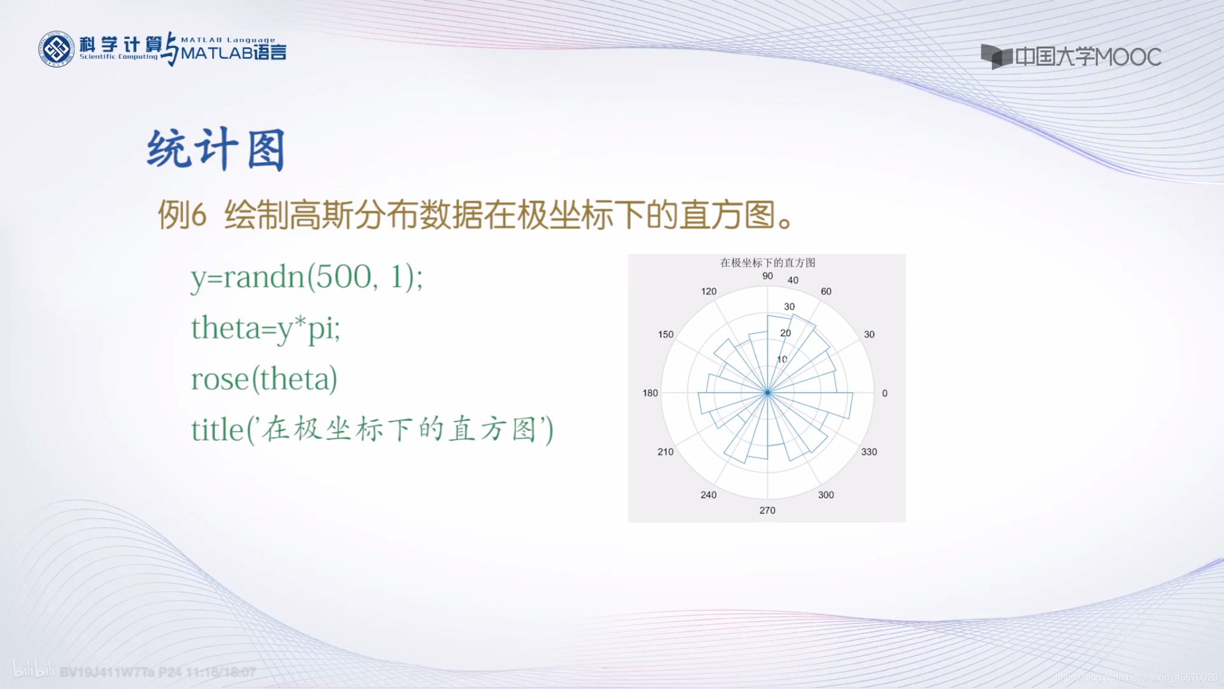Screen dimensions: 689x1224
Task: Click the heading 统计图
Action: [216, 150]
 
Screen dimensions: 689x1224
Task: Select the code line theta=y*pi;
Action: [265, 328]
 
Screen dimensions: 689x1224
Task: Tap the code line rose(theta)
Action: [264, 379]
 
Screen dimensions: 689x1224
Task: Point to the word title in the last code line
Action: [218, 429]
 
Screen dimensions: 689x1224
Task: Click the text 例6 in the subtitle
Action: [182, 215]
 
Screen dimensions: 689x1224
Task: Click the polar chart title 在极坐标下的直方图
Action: [767, 263]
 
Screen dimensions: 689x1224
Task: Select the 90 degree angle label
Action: [767, 276]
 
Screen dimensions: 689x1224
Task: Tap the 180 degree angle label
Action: [650, 393]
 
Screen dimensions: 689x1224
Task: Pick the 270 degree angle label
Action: [767, 510]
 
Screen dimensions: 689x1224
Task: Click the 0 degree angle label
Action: [885, 393]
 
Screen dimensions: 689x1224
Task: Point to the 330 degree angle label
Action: [869, 452]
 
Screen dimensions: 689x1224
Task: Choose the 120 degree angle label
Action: [708, 291]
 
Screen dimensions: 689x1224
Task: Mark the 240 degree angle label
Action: [708, 495]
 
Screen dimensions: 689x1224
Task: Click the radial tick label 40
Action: [793, 280]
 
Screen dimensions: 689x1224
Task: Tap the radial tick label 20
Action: [785, 333]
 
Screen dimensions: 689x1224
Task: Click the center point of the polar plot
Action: [767, 392]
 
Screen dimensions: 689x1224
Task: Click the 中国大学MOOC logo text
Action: [1087, 57]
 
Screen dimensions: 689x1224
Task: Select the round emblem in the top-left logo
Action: [56, 48]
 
